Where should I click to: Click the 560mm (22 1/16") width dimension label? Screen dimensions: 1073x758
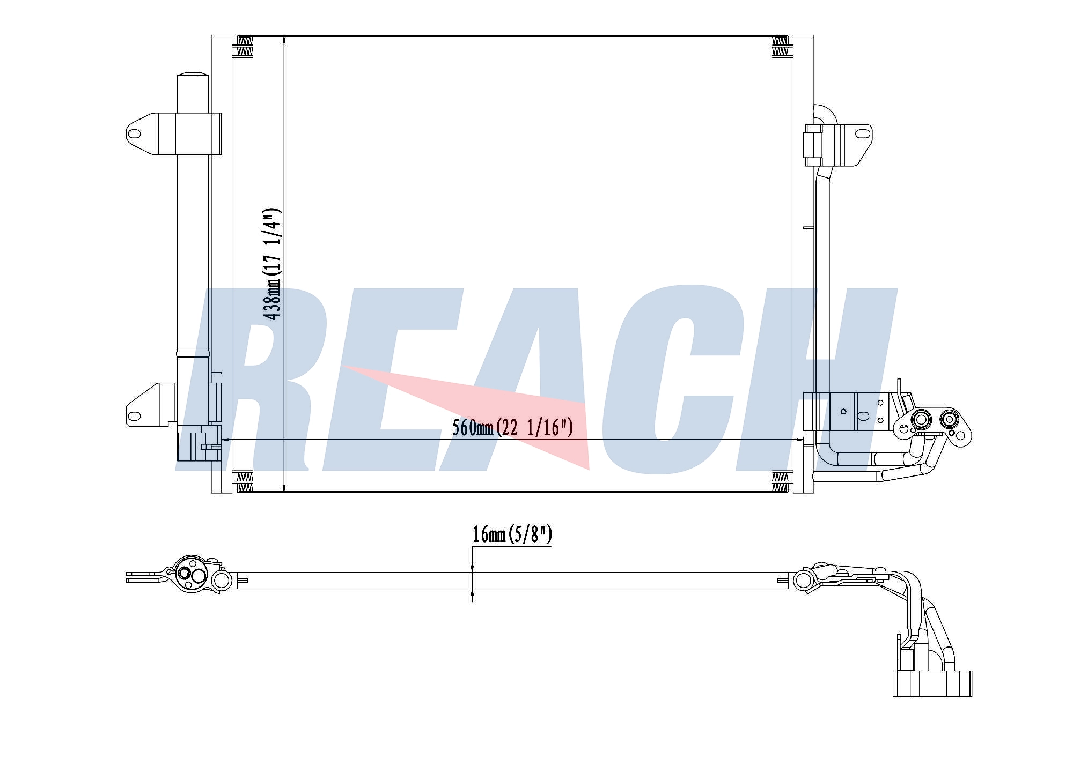pos(513,427)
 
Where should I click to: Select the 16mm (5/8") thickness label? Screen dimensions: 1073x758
pos(512,534)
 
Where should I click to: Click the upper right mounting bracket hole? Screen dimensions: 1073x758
pos(861,133)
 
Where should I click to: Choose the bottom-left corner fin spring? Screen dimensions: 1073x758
pos(245,482)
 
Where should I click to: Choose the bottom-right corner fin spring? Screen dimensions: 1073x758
pos(780,482)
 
